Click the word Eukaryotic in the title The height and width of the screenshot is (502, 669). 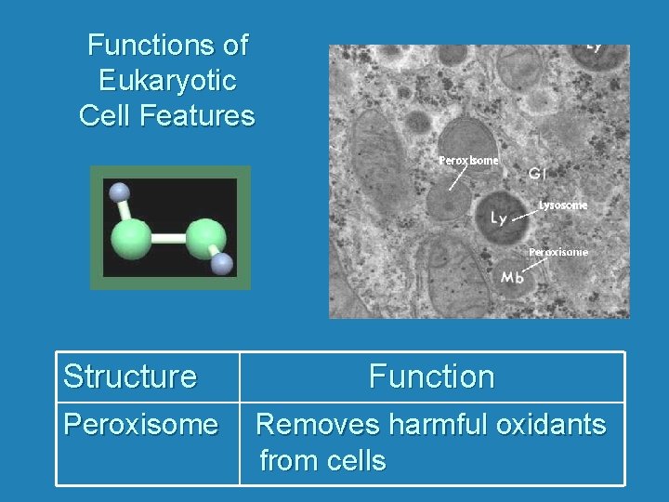[167, 80]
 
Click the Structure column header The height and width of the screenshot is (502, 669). [130, 376]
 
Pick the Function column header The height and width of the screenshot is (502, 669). [431, 376]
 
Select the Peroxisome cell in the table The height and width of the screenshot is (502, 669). [140, 425]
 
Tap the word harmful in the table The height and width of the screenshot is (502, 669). [438, 425]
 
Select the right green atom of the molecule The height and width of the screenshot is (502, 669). [205, 238]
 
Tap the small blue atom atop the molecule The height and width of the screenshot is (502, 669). [117, 192]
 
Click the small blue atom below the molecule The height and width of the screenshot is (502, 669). [221, 265]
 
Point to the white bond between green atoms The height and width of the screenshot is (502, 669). [168, 239]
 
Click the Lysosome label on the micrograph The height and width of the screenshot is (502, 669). [563, 205]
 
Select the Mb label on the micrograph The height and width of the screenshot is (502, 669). [512, 277]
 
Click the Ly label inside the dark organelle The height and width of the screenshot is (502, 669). [499, 218]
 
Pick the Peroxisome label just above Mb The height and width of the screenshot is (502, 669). [557, 252]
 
